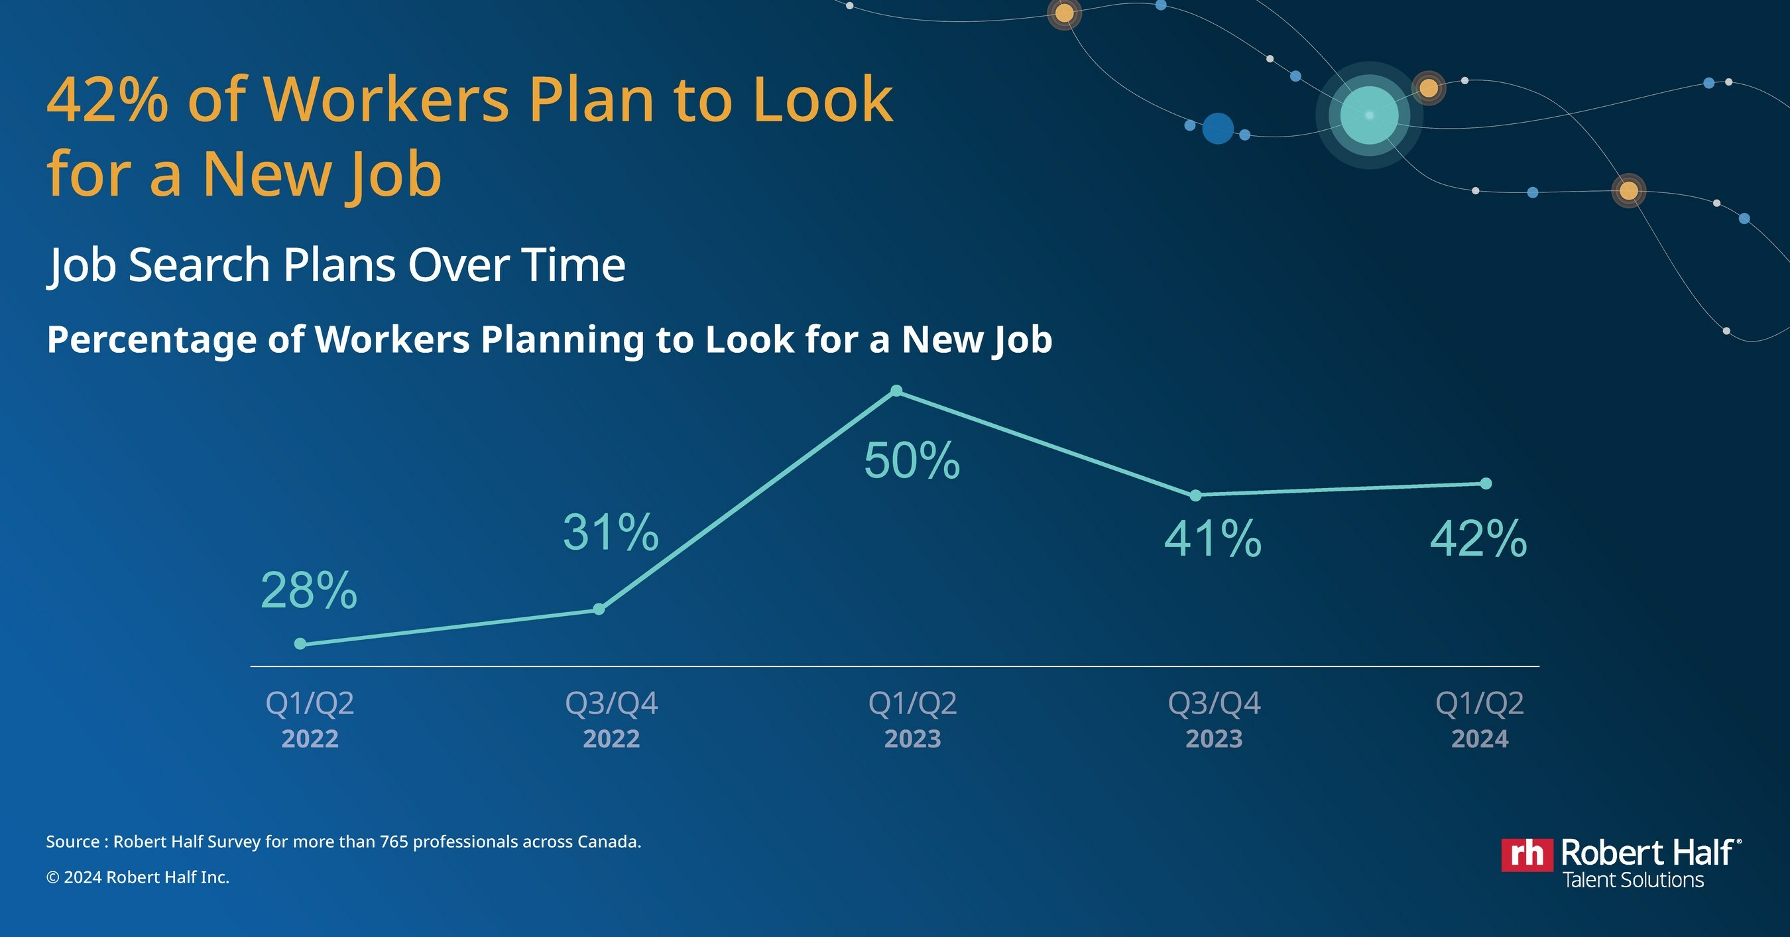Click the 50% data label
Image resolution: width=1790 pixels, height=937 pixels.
click(912, 461)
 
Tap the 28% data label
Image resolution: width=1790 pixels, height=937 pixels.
click(308, 591)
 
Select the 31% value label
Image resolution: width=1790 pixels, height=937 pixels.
click(611, 532)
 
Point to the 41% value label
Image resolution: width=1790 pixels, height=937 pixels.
click(1213, 538)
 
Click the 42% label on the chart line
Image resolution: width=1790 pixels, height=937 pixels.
click(1478, 538)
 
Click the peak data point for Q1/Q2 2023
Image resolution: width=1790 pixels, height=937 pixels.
click(896, 391)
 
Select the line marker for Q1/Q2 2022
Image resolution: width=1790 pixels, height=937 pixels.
click(300, 644)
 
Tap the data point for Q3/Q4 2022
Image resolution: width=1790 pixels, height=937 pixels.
click(599, 609)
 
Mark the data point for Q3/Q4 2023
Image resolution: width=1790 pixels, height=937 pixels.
click(1195, 495)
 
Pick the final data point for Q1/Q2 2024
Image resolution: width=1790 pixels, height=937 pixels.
click(1486, 483)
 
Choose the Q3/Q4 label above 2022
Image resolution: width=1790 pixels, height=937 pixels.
click(611, 704)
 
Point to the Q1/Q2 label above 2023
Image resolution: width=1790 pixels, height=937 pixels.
click(912, 704)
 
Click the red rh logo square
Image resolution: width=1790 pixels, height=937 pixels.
click(1527, 854)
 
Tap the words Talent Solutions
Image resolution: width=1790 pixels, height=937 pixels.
click(1633, 880)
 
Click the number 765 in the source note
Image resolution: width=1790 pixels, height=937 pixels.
click(394, 842)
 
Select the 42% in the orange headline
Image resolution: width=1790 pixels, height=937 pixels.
click(107, 99)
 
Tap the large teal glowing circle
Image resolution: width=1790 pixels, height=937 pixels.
click(1368, 115)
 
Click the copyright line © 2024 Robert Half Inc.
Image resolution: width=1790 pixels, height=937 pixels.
click(138, 877)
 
